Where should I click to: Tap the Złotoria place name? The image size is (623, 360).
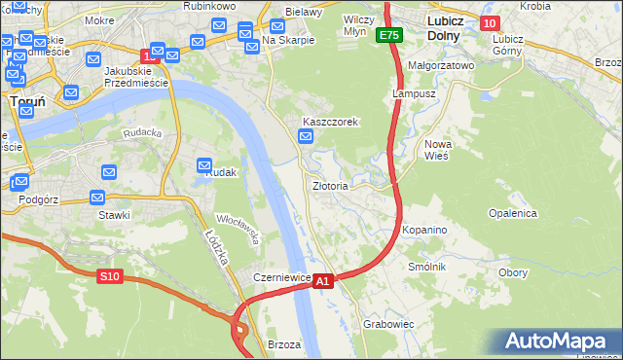[x=330, y=185]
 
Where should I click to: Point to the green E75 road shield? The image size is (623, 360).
[x=390, y=35]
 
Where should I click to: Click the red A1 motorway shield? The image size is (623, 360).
[x=324, y=280]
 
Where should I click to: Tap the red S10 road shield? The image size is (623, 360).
[x=110, y=276]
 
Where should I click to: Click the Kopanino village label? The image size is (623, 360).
[x=423, y=230]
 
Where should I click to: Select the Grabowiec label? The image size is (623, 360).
[x=388, y=324]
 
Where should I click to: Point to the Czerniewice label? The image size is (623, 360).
[x=281, y=277]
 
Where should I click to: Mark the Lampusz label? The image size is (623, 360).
[x=411, y=94]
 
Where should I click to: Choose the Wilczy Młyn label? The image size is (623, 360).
[x=361, y=25]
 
